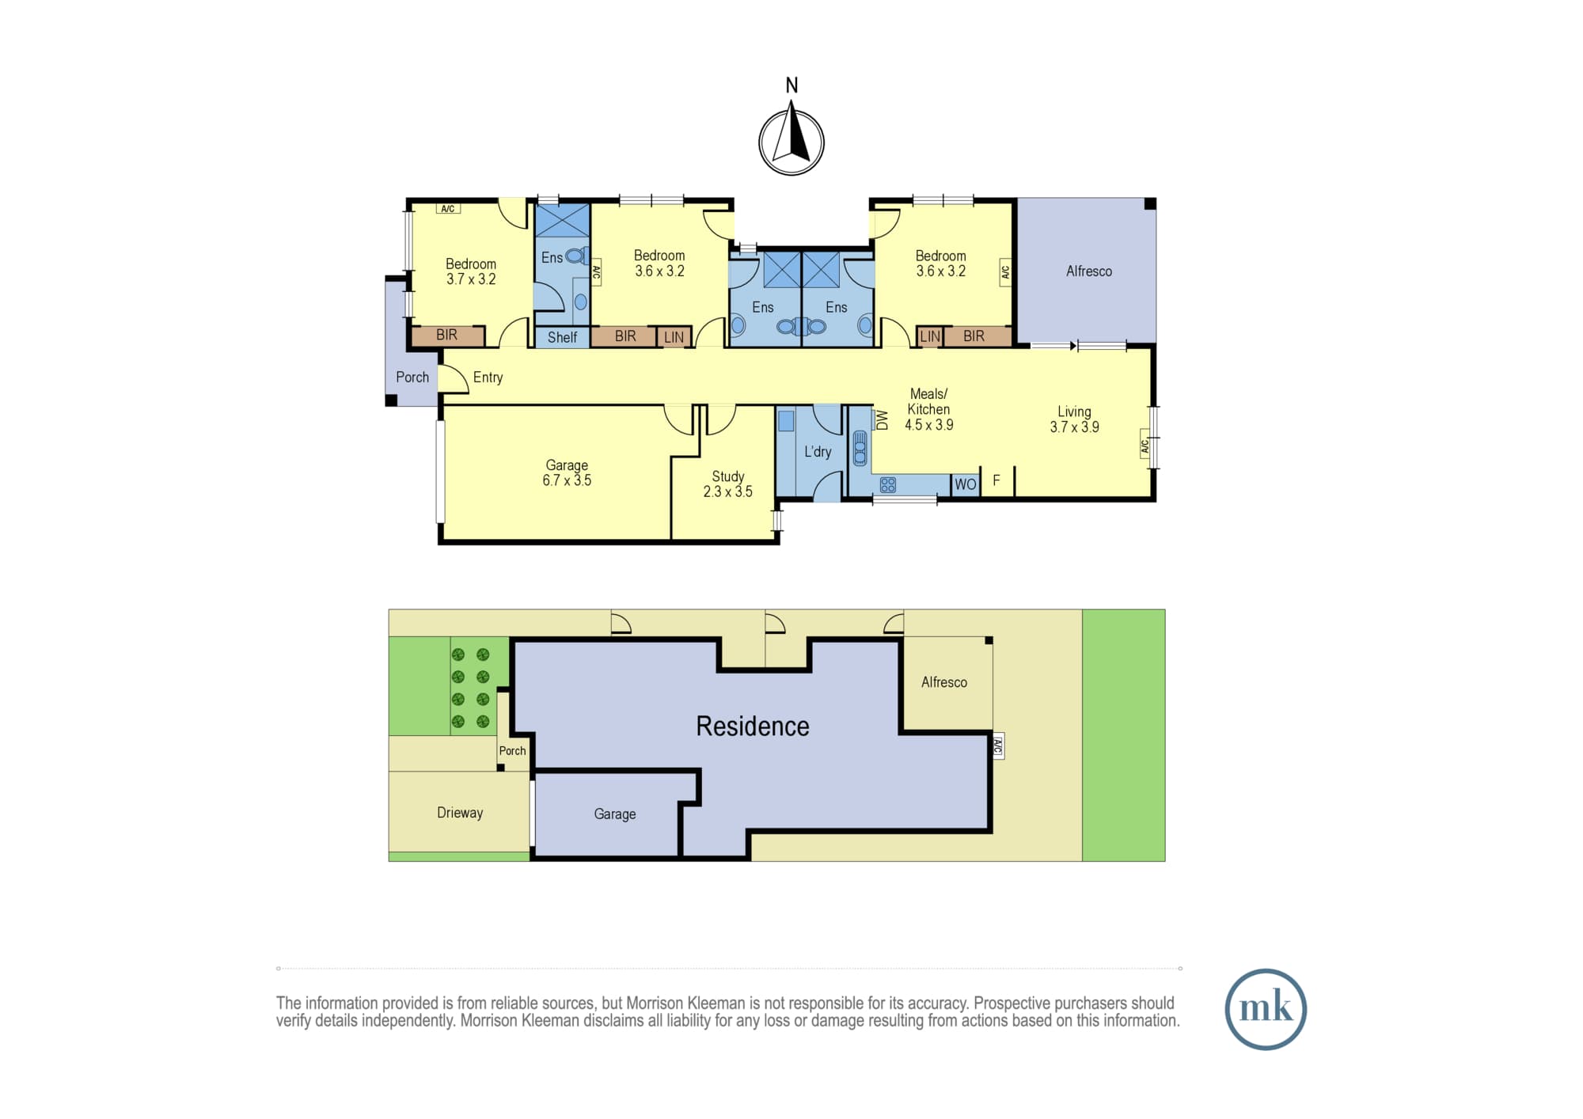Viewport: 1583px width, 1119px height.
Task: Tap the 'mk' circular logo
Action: point(1266,1009)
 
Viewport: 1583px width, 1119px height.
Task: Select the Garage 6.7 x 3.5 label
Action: point(567,472)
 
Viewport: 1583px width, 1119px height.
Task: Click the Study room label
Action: point(728,484)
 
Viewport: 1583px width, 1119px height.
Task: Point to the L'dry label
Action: point(818,452)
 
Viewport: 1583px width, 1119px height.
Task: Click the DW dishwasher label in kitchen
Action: point(882,420)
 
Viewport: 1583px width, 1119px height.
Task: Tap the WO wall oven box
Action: point(966,484)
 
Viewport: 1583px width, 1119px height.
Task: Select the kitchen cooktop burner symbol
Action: point(888,485)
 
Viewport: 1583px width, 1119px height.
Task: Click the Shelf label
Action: point(562,337)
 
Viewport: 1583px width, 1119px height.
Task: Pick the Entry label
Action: point(488,377)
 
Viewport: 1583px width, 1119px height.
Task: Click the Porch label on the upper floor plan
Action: point(412,377)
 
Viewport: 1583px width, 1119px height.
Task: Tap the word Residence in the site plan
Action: point(753,726)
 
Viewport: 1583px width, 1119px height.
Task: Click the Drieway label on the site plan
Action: point(460,813)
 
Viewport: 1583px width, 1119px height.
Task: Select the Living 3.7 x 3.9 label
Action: point(1074,419)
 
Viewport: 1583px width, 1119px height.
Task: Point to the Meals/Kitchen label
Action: point(929,409)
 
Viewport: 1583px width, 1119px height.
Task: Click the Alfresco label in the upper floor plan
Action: point(1089,271)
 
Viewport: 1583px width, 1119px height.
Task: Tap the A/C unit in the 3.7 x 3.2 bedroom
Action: point(448,209)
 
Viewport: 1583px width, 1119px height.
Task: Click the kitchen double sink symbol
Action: point(860,449)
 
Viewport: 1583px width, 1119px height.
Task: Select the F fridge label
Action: point(996,480)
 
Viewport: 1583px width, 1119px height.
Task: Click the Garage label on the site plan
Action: point(615,814)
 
